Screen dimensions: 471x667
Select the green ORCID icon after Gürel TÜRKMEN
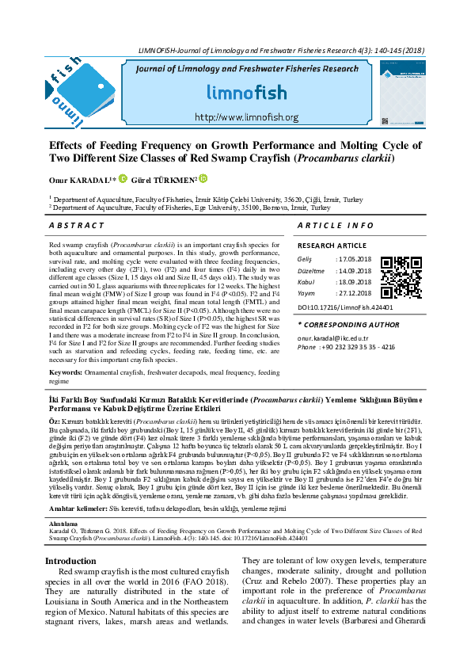[203, 180]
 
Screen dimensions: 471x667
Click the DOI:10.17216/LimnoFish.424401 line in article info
[345, 307]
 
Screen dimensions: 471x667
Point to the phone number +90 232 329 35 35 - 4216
[355, 347]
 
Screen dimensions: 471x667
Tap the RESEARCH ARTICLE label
[332, 246]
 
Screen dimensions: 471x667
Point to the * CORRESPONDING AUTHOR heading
[348, 325]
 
